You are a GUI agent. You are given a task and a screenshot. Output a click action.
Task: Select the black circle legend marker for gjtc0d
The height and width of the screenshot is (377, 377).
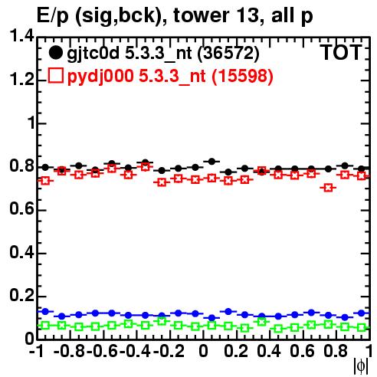coord(55,53)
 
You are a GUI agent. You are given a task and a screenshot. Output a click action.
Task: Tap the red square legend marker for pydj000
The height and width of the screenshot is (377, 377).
coord(55,76)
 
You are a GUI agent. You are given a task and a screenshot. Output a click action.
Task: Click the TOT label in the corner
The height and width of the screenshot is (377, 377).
coord(342,53)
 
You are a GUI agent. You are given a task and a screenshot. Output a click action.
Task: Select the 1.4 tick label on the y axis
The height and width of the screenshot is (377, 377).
coord(21,36)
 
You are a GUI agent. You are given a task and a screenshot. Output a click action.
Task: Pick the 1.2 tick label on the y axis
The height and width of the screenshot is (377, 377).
coord(21,80)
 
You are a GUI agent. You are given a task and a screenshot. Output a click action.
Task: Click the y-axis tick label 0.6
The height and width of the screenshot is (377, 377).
coord(21,209)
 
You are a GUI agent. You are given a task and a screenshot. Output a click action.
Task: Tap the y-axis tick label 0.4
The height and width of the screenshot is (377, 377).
coord(21,252)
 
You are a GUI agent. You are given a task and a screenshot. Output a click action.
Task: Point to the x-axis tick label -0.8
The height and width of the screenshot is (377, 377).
coord(70,351)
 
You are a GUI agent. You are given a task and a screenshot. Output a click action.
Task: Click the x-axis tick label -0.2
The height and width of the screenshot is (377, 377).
coord(169,351)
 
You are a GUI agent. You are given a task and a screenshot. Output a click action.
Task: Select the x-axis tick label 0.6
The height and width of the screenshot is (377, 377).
coord(302,351)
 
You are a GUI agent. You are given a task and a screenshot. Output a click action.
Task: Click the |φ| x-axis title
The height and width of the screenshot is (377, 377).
coord(361,366)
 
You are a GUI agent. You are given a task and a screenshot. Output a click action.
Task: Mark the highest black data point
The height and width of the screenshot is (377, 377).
coord(211,162)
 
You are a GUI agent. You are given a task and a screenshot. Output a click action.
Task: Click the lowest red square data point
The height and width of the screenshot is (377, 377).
coord(328,188)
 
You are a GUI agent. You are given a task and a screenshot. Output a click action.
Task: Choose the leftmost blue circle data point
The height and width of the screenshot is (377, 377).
coord(45,311)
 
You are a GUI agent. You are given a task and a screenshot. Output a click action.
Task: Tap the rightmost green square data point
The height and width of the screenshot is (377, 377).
coord(362,327)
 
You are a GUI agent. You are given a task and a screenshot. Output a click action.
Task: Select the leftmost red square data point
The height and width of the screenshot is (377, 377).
coord(45,181)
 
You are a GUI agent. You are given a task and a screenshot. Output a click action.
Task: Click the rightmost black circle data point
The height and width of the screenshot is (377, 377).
coord(362,169)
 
